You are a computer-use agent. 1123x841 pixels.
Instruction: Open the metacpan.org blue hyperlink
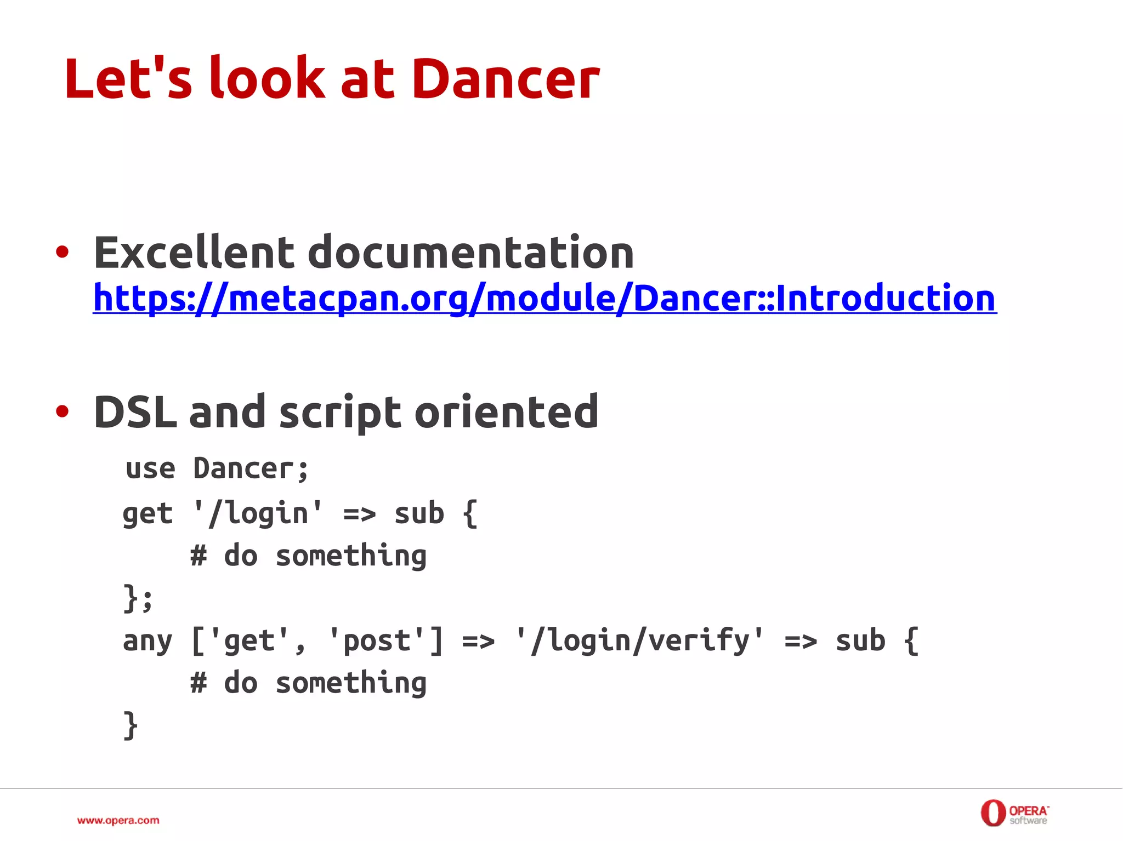545,298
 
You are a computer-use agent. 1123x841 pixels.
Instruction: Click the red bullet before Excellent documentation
63,252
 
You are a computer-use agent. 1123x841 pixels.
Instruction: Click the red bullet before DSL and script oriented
63,411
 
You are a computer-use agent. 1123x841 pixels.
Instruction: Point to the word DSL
135,412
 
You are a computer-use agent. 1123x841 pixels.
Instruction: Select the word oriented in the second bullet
506,412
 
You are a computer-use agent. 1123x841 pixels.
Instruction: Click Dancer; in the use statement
251,469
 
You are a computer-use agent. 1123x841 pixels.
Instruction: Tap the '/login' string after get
258,514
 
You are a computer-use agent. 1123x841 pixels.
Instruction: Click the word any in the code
148,641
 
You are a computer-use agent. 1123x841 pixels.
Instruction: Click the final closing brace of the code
130,725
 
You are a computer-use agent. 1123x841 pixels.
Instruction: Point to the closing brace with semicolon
137,598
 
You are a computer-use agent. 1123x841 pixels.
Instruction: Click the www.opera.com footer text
118,820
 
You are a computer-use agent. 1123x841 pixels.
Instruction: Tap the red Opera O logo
992,813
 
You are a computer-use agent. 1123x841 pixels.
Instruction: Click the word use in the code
150,469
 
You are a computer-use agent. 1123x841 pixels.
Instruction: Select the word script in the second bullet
340,412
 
